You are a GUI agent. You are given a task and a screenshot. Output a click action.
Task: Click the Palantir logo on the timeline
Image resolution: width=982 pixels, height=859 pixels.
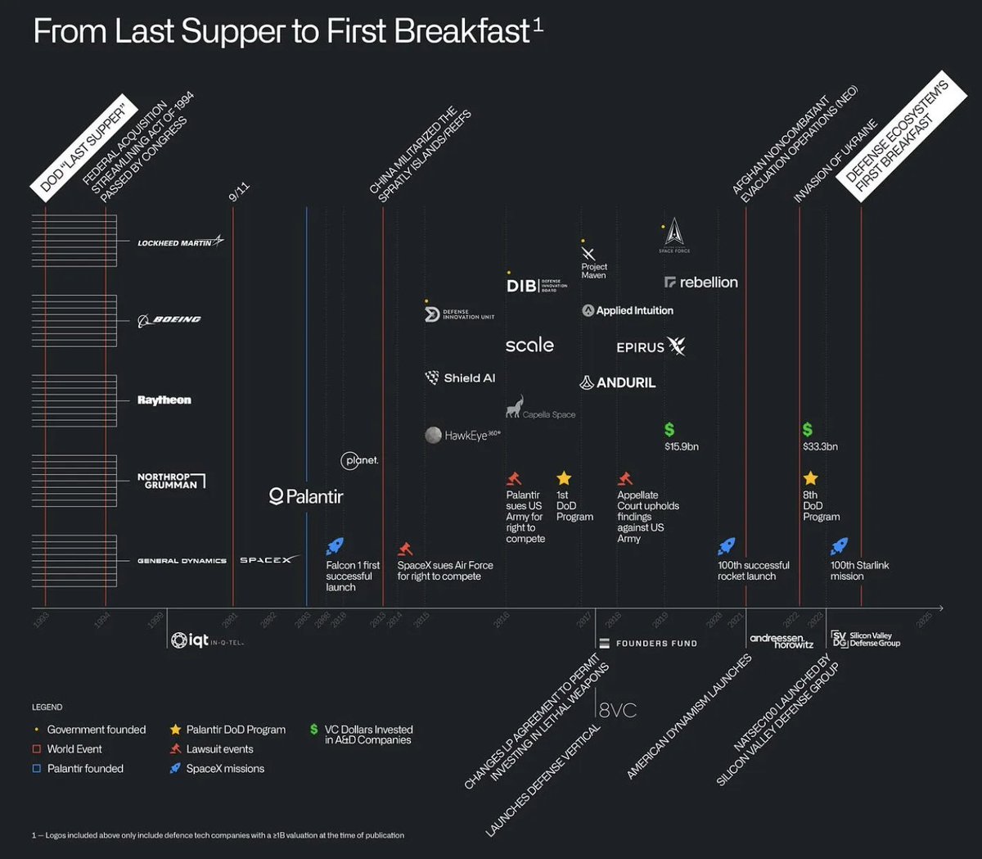(306, 496)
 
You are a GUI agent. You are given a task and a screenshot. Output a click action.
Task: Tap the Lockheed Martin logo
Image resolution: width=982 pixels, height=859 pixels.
(180, 242)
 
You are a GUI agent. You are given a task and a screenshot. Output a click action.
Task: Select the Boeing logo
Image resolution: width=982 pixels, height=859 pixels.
(169, 320)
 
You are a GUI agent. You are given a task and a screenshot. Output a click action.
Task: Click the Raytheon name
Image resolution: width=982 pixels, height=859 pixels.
(164, 400)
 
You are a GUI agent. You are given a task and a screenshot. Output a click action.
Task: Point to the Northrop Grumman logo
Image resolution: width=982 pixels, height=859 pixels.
(171, 481)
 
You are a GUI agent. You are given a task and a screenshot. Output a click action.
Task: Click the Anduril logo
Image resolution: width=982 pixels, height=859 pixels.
(618, 382)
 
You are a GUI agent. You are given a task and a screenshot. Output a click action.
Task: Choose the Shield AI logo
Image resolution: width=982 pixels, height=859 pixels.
(461, 378)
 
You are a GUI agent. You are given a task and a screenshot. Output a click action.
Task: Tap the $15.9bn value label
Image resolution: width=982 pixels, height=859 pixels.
(681, 446)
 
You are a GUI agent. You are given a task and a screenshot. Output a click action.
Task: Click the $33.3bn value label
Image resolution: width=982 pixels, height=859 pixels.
(820, 446)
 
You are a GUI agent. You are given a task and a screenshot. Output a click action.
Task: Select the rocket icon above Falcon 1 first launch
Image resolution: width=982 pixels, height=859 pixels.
(335, 546)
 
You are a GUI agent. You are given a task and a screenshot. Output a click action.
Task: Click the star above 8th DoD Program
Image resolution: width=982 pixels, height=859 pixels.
(810, 478)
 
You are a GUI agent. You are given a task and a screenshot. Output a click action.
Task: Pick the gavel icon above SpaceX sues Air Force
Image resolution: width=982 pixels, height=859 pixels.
(404, 548)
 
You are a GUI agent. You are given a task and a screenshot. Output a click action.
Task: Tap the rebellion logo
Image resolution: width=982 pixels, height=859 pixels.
(701, 283)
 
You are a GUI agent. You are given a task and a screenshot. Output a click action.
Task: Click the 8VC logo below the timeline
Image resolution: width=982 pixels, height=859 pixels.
(617, 710)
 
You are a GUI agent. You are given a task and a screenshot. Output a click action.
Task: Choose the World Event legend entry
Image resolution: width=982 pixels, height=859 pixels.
(74, 749)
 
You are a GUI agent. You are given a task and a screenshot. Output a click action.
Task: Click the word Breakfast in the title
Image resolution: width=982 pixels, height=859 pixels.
(462, 31)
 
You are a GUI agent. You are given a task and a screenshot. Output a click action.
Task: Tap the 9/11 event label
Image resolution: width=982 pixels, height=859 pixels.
(238, 192)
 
